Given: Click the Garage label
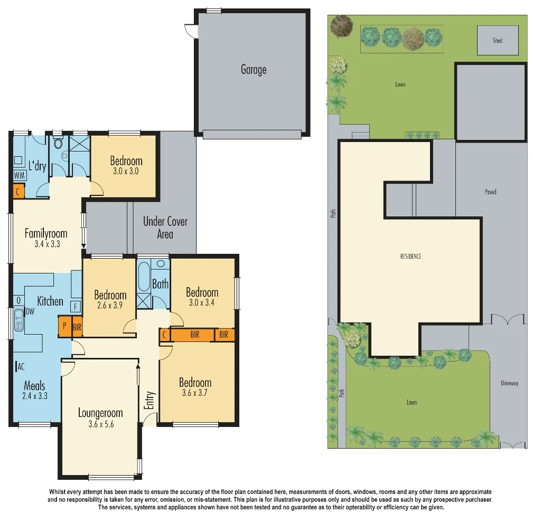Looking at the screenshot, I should click(254, 70).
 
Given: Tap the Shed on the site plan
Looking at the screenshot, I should click(497, 41).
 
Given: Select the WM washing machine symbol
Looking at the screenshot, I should click(19, 175).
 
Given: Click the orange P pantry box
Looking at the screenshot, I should click(64, 326).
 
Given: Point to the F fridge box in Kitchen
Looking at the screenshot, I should click(76, 306).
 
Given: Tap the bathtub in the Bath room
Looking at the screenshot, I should click(144, 277).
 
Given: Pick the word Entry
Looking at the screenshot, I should click(149, 400).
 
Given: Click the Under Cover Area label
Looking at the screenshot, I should click(165, 227).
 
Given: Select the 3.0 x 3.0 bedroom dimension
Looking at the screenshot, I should click(126, 172).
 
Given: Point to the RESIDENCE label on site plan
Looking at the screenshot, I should click(410, 257).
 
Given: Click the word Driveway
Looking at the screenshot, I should click(509, 383).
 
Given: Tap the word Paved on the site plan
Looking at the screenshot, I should click(490, 192).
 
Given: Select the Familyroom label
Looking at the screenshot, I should click(46, 233).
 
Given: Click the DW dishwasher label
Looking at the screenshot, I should click(30, 312).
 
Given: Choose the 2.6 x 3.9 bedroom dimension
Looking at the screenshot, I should click(110, 305).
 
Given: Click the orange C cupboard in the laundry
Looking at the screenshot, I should click(18, 192).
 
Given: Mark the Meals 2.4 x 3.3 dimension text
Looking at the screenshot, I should click(35, 395).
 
